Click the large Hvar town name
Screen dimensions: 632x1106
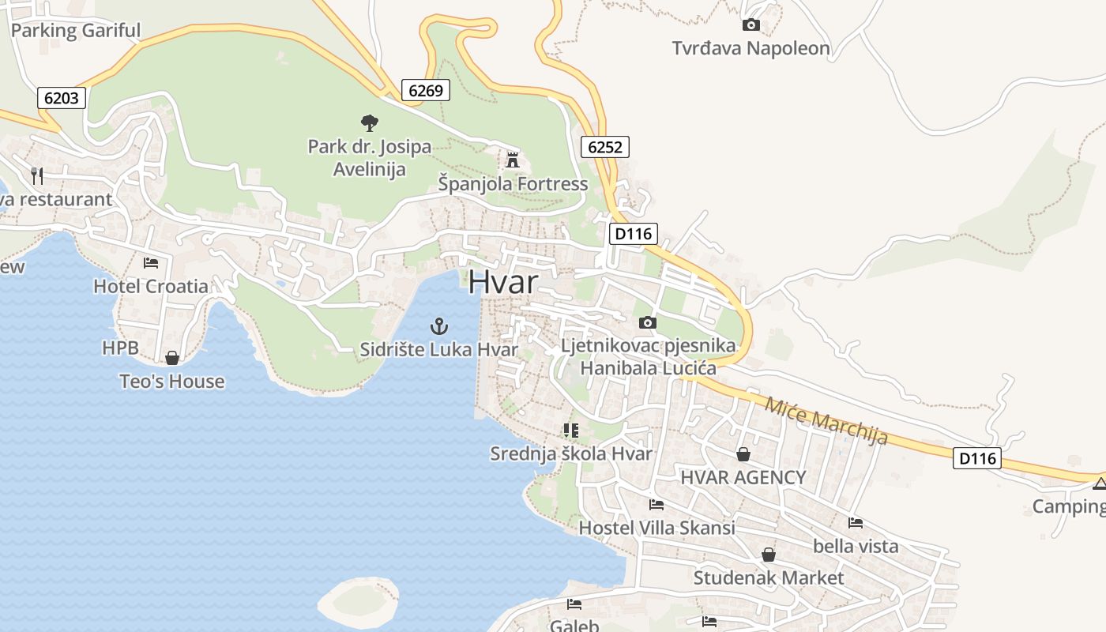pyautogui.click(x=503, y=282)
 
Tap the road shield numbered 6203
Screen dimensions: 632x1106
pyautogui.click(x=62, y=98)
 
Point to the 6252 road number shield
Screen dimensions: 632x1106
pyautogui.click(x=605, y=146)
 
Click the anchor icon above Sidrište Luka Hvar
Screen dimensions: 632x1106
pyautogui.click(x=438, y=325)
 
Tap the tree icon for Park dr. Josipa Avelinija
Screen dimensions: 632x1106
pyautogui.click(x=369, y=122)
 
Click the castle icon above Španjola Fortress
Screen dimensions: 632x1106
pyautogui.click(x=513, y=160)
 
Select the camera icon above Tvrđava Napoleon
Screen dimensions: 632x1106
pyautogui.click(x=751, y=25)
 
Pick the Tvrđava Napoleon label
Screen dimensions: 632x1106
pyautogui.click(x=750, y=48)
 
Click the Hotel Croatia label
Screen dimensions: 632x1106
pyautogui.click(x=151, y=286)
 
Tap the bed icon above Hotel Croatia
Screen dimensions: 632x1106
pyautogui.click(x=151, y=262)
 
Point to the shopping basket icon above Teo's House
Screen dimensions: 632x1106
pyautogui.click(x=172, y=358)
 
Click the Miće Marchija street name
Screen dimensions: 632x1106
pyautogui.click(x=826, y=420)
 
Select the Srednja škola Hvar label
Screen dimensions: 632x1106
pyautogui.click(x=571, y=453)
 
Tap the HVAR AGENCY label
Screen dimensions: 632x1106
pyautogui.click(x=743, y=477)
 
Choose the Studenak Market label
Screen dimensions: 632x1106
pyautogui.click(x=768, y=577)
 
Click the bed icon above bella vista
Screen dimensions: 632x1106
pyautogui.click(x=856, y=522)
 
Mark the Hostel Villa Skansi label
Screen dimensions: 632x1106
pyautogui.click(x=656, y=528)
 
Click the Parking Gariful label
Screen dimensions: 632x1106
pyautogui.click(x=76, y=31)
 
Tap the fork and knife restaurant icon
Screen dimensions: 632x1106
pyautogui.click(x=37, y=175)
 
